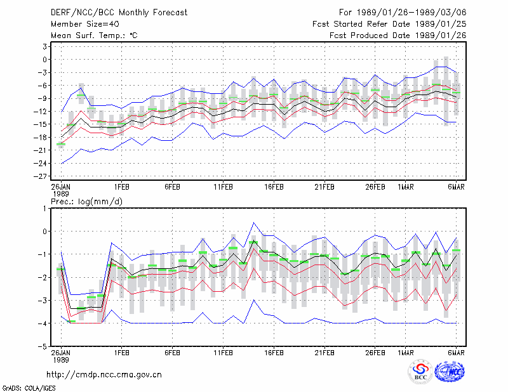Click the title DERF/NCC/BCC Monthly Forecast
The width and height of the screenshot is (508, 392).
coord(119,13)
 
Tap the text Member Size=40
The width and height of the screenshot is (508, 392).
coord(85,24)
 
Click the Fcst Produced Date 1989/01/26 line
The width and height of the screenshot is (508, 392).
coord(398,36)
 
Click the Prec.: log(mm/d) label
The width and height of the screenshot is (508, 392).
coord(86,202)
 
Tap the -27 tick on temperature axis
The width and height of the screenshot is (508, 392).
coord(41,176)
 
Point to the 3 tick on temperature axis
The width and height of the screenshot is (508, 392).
coord(44,46)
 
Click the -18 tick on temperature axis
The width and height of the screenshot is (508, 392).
coord(41,137)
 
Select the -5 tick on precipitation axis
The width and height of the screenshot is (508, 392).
coord(43,346)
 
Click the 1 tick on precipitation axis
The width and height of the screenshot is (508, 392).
coord(44,209)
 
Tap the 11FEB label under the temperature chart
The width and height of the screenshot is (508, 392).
coord(223,187)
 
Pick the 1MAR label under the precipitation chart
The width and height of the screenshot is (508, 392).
coord(406,353)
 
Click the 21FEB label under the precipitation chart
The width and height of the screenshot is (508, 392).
coord(324,353)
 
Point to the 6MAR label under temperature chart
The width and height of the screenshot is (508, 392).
coord(456,187)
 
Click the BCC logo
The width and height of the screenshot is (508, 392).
coord(420,372)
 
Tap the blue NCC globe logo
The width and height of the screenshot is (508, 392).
coord(450,371)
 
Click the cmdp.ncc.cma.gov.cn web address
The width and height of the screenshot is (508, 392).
coord(104,375)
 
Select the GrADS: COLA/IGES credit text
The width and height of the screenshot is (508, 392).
coord(29,388)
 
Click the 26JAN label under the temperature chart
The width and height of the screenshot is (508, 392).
coord(61,187)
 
